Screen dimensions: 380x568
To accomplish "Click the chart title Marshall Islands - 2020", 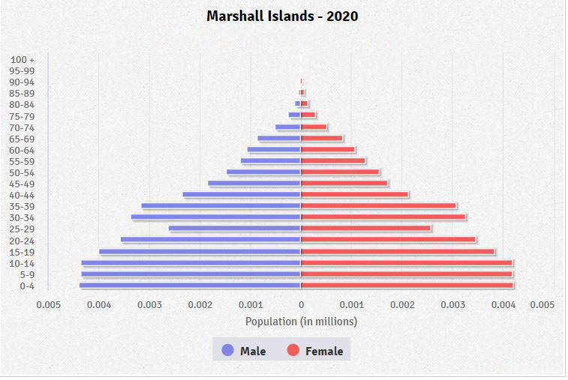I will [282, 15].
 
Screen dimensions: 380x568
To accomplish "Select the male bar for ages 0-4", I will [190, 285].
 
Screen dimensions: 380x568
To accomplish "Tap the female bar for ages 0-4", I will [407, 285].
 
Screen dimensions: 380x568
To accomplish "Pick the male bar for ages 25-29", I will [234, 228].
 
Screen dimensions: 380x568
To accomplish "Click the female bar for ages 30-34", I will [383, 217].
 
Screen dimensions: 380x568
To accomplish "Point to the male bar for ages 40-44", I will [242, 194].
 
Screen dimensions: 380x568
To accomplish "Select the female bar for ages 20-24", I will [388, 239].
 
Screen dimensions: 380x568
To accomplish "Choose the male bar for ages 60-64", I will [274, 149].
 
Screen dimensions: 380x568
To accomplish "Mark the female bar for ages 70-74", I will [314, 127].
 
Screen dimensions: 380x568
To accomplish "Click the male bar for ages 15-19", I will [200, 251].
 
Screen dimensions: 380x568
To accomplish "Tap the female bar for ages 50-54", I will [340, 172].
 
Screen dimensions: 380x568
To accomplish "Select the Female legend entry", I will [315, 351].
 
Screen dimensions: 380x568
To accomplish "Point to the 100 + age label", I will [23, 59].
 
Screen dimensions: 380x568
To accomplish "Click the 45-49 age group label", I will [23, 184].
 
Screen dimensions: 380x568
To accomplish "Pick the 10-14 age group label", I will [23, 263].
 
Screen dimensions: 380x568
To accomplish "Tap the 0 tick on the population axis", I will [301, 305].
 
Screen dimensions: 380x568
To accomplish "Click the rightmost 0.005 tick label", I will [542, 305].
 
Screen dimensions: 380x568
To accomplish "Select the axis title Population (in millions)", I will [301, 321].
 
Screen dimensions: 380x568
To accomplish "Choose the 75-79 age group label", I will [23, 116].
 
